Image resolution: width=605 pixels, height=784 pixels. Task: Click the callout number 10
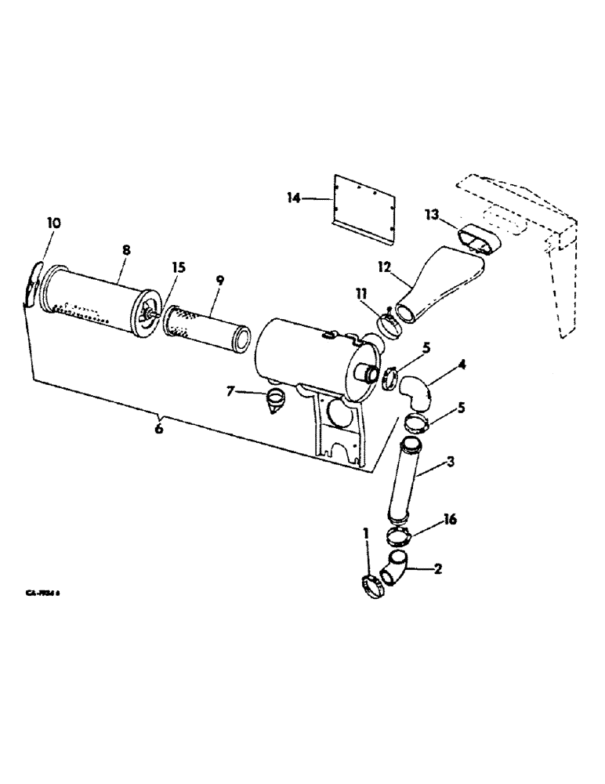coord(53,223)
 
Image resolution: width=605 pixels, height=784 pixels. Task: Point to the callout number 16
coord(450,520)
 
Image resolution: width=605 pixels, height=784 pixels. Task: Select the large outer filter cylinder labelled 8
coord(92,299)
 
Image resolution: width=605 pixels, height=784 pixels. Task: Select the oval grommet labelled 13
coord(480,238)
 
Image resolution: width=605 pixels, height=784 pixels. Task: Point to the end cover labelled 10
coord(32,286)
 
